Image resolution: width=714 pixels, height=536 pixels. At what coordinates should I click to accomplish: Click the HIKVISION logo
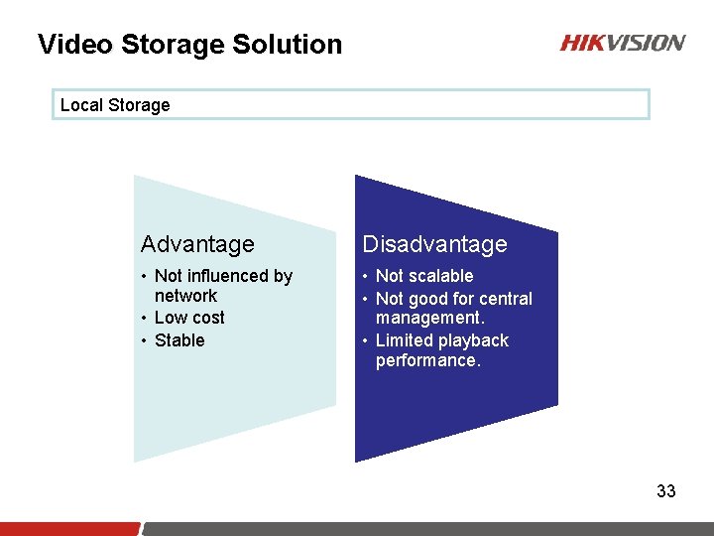(x=622, y=43)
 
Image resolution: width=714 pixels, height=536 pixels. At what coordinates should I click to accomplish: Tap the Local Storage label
(x=115, y=105)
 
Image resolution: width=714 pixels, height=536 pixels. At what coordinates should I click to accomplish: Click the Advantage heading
(x=197, y=244)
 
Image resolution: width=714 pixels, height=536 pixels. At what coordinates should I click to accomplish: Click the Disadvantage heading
(x=434, y=244)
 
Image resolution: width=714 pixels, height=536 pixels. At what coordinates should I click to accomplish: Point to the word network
(x=185, y=296)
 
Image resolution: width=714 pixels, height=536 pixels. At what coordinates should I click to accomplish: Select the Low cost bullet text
(x=189, y=318)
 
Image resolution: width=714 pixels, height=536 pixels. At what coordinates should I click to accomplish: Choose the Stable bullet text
(x=179, y=340)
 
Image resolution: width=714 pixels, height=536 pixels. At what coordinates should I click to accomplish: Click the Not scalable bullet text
(x=424, y=276)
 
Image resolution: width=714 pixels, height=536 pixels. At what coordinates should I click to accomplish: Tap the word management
(x=429, y=319)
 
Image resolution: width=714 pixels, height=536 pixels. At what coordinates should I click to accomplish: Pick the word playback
(x=473, y=340)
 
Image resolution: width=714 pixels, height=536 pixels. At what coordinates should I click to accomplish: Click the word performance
(x=427, y=360)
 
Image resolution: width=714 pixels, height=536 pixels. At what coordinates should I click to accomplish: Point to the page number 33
(x=665, y=491)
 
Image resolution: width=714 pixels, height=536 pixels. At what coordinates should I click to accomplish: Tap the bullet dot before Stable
(x=144, y=341)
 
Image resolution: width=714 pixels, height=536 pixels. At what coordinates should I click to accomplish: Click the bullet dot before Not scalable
(x=365, y=277)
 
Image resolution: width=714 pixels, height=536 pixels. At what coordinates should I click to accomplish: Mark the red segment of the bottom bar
(x=69, y=528)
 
